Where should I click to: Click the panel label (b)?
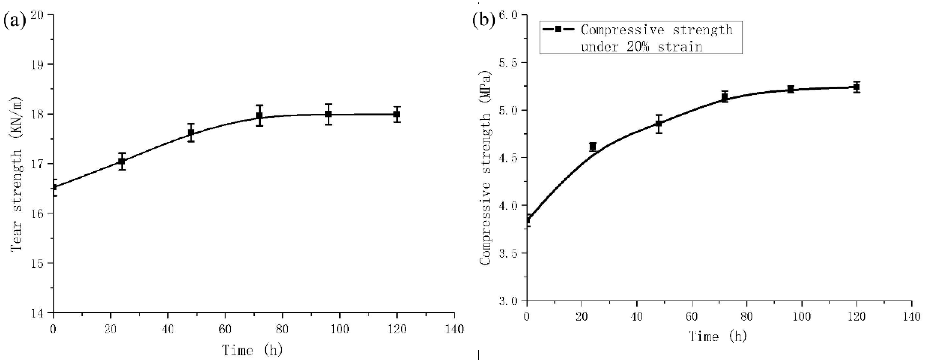coord(484,21)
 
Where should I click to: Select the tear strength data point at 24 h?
coord(122,161)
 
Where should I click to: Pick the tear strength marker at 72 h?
coord(259,116)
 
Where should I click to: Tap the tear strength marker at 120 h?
coord(397,114)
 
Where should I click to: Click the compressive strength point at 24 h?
coord(593,146)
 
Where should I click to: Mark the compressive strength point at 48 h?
coord(659,124)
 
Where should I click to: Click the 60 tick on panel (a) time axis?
coord(225,329)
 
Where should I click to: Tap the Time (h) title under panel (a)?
coord(252,350)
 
